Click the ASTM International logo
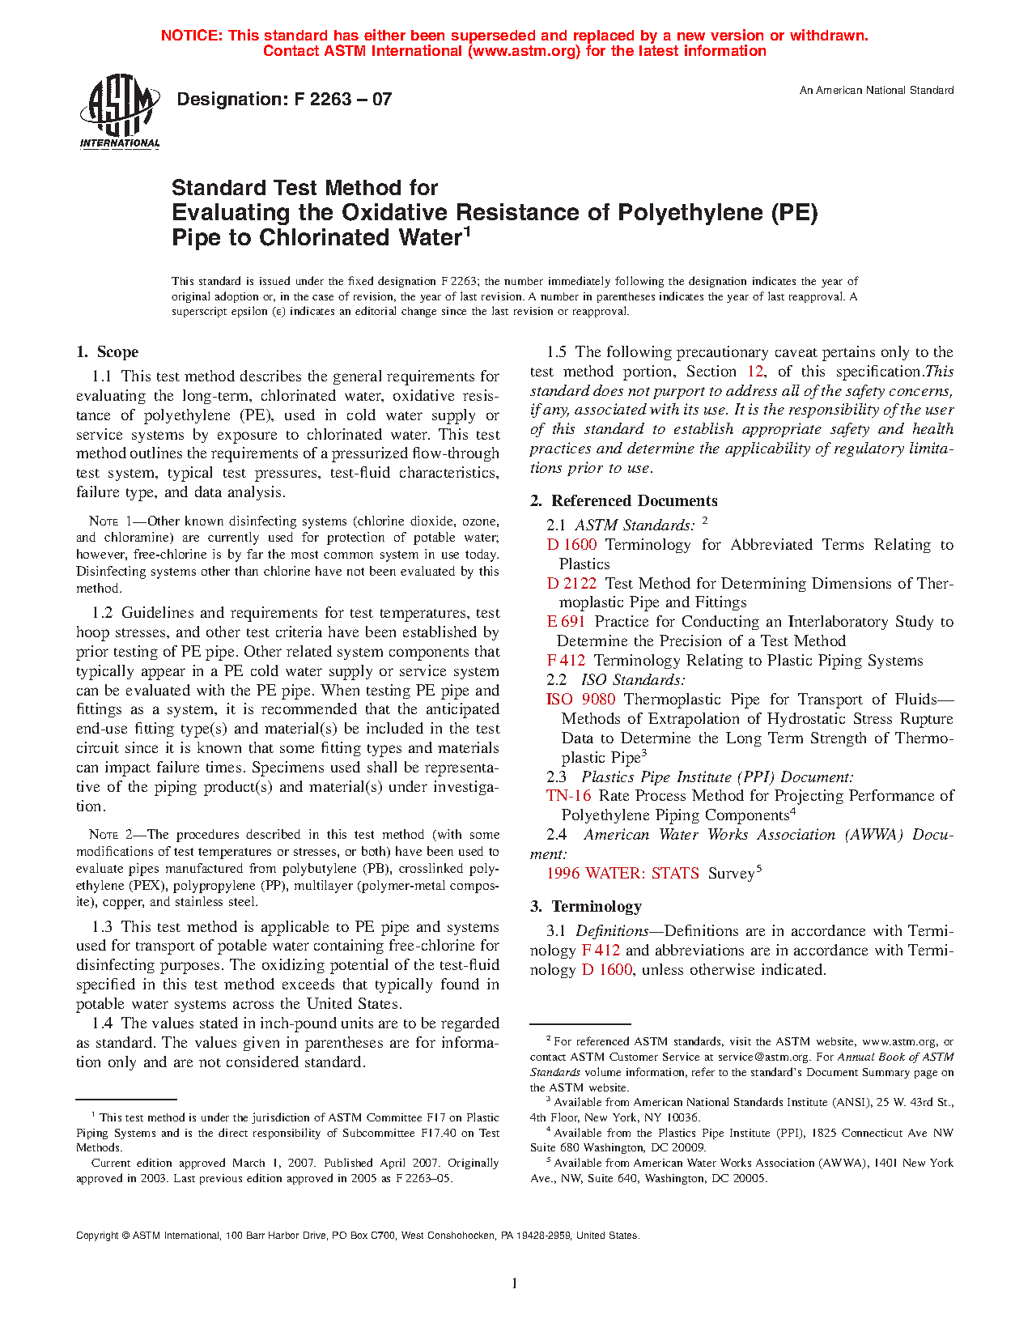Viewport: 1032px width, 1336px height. coord(120,111)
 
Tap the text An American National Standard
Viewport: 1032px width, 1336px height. coord(876,91)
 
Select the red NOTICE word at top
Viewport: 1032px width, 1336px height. coord(191,36)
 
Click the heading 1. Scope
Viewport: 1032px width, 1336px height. coord(108,352)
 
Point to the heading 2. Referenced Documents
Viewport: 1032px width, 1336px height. coord(624,501)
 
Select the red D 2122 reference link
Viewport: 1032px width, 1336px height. coord(571,584)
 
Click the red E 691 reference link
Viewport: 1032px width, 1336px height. coord(566,622)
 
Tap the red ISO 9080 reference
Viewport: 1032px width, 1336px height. coord(580,700)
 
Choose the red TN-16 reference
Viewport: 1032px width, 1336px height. coord(568,796)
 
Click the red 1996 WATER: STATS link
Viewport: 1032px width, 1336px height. coord(622,874)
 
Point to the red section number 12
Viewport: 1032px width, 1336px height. coord(755,372)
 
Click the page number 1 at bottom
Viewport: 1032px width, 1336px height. coord(515,1283)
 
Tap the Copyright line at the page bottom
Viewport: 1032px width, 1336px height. coord(358,1236)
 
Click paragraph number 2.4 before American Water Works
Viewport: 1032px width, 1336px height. coord(556,835)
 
